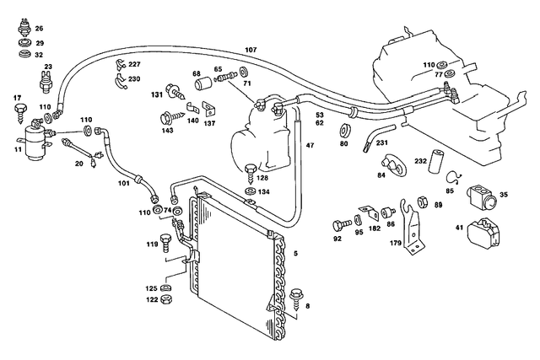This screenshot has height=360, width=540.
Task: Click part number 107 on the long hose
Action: coord(251,50)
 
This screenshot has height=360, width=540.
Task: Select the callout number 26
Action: coord(39,29)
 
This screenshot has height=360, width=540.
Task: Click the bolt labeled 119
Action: coord(165,243)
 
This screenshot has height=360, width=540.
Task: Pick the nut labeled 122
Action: coord(166,299)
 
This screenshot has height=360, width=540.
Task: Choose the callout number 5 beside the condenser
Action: coord(294,251)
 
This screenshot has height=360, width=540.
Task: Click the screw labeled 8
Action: coord(297,297)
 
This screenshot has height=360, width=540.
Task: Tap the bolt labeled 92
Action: coord(340,225)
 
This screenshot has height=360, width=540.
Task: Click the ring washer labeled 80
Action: coord(344,132)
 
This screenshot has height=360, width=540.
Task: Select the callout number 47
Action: coord(310,146)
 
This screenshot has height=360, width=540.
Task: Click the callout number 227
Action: coord(134,65)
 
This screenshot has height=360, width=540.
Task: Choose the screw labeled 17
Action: coord(18,109)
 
